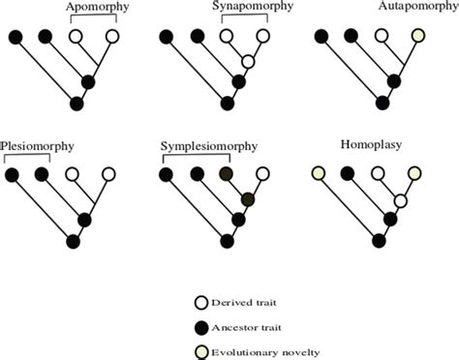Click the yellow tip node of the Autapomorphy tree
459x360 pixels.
(x=417, y=37)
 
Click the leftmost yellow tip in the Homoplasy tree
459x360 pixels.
(x=318, y=175)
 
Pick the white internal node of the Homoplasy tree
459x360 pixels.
(x=399, y=200)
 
